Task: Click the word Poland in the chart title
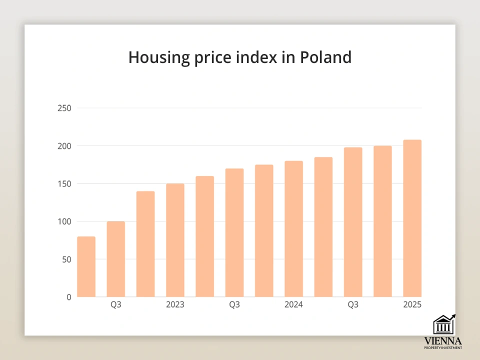coord(325,57)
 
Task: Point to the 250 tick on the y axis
coord(64,108)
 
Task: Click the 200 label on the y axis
coord(64,146)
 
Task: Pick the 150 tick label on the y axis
coord(64,183)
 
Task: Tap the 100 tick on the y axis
coord(64,221)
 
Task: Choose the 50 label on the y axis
coord(66,259)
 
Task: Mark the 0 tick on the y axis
coord(69,297)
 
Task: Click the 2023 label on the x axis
coord(175,304)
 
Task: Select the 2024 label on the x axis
coord(293,304)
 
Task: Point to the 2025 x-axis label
coord(412,304)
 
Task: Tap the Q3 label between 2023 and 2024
coord(234,304)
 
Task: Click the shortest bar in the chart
coord(86,267)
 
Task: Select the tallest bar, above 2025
coord(412,218)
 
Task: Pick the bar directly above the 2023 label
coord(175,240)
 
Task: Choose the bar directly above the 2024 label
coord(293,229)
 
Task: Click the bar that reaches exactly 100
coord(116,259)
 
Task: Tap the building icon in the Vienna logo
coord(442,325)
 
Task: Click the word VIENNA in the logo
coord(442,341)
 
